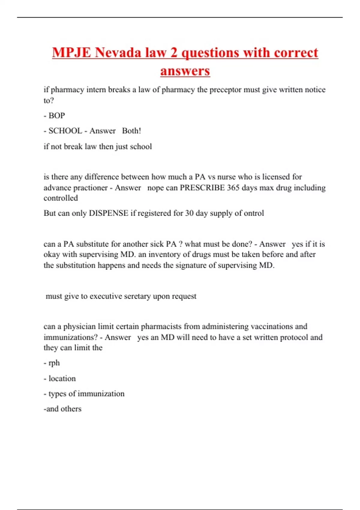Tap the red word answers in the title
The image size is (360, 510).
coord(185,71)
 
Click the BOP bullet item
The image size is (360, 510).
coord(57,115)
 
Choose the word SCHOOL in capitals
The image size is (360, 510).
coord(65,131)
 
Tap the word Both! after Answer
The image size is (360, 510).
coord(131,131)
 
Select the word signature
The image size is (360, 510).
coord(200,265)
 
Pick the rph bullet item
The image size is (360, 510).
coord(54,363)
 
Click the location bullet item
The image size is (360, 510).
coord(62,379)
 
